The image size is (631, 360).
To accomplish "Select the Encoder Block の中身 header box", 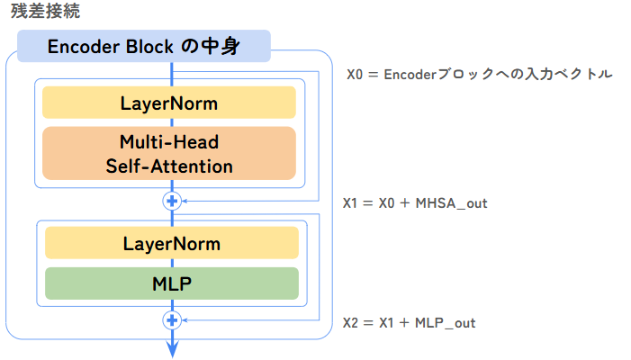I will point(144,46).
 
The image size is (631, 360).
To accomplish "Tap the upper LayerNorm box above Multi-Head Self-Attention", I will point(169,103).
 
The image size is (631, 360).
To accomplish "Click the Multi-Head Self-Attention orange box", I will point(169,153).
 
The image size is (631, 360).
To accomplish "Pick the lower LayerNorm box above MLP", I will point(171,243).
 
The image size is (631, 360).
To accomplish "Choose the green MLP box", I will point(171,283).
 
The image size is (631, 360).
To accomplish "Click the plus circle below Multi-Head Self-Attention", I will point(172,201).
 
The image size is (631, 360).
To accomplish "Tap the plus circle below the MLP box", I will point(172,319).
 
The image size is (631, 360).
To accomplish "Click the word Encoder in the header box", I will point(84,46).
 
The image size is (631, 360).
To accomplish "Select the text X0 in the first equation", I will point(356,75).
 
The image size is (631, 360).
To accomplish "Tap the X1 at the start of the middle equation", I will point(351,203).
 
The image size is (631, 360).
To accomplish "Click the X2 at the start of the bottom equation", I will point(352,322).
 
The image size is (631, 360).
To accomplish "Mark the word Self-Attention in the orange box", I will point(169,166).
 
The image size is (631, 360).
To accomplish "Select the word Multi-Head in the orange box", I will point(169,142).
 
